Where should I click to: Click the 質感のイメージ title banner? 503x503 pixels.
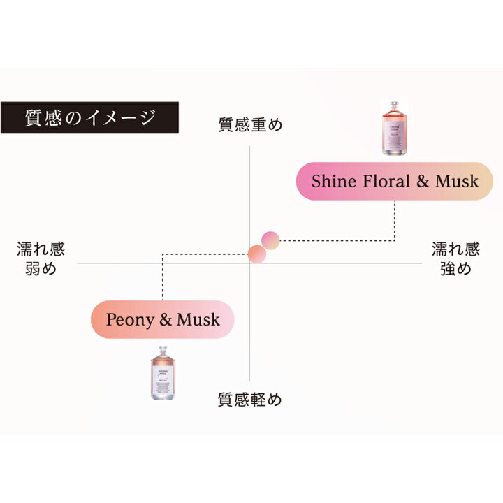pyautogui.click(x=90, y=117)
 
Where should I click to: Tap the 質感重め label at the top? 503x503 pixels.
pyautogui.click(x=249, y=125)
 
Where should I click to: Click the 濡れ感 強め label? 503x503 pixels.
pyautogui.click(x=455, y=258)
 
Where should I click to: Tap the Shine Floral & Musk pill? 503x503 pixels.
pyautogui.click(x=395, y=182)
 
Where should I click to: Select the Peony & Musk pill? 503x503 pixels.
pyautogui.click(x=162, y=320)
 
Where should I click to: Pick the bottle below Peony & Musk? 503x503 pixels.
pyautogui.click(x=161, y=374)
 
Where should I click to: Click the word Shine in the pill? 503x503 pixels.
pyautogui.click(x=333, y=182)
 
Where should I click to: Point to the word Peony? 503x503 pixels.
pyautogui.click(x=129, y=320)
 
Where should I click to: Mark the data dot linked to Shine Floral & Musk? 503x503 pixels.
pyautogui.click(x=270, y=240)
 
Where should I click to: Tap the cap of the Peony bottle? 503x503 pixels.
pyautogui.click(x=161, y=351)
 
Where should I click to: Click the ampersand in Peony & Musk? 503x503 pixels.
pyautogui.click(x=166, y=321)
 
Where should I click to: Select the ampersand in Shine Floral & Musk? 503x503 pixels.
pyautogui.click(x=423, y=182)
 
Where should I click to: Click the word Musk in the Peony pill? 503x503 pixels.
pyautogui.click(x=198, y=320)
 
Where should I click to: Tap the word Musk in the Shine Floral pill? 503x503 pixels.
pyautogui.click(x=457, y=182)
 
